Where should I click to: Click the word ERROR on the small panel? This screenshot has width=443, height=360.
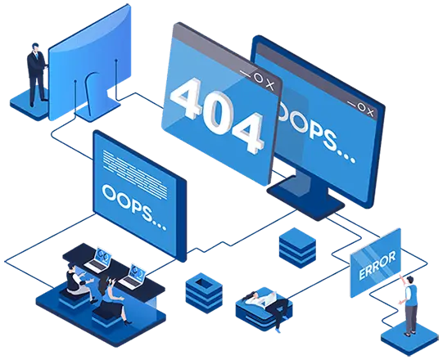point(377,265)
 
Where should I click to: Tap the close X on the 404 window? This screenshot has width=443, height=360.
point(269,85)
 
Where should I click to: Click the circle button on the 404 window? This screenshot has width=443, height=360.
point(258,78)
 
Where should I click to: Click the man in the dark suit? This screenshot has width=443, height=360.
point(37,74)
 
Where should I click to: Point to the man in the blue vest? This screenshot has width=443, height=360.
point(409,305)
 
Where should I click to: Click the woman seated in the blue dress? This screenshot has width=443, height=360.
point(112,299)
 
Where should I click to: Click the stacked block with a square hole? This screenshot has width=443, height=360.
point(204,293)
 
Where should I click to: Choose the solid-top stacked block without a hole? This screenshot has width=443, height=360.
point(297,248)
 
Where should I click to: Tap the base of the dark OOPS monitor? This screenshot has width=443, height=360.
point(305,197)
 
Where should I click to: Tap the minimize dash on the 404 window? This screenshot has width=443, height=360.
point(245,74)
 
